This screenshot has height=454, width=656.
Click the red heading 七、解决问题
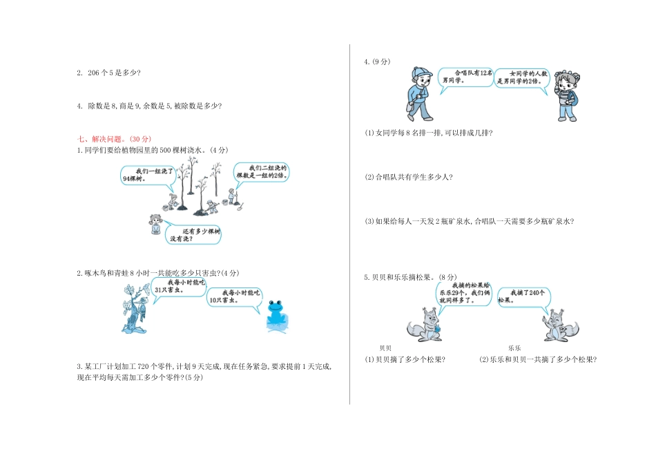105,138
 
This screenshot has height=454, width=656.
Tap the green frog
276,312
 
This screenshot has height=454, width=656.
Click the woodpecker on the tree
136,308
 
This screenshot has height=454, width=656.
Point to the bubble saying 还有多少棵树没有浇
195,235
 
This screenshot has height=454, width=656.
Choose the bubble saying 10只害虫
233,297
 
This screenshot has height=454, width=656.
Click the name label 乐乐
514,348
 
